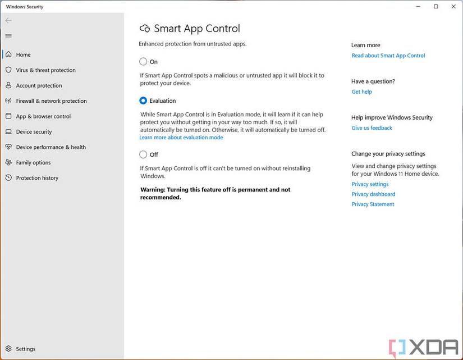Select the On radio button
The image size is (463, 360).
(143, 62)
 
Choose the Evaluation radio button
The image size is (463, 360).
(143, 101)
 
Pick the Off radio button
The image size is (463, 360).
(143, 154)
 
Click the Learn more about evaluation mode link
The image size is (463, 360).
(181, 138)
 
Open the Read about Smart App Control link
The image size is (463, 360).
(388, 56)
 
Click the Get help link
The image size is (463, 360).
(361, 92)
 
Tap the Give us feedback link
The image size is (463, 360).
(372, 128)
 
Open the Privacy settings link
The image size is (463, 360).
(370, 184)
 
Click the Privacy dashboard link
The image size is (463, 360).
(373, 194)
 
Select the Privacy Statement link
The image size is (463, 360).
(373, 204)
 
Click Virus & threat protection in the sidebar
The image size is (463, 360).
(45, 70)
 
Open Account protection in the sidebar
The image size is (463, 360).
(39, 85)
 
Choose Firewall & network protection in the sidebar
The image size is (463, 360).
(51, 101)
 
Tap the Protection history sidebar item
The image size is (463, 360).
(37, 178)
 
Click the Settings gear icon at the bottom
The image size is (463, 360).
(8, 349)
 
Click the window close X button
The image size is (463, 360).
(453, 6)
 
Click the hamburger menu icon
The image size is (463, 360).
(8, 36)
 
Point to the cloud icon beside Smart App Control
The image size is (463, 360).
(145, 29)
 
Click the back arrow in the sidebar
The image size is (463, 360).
(8, 20)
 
